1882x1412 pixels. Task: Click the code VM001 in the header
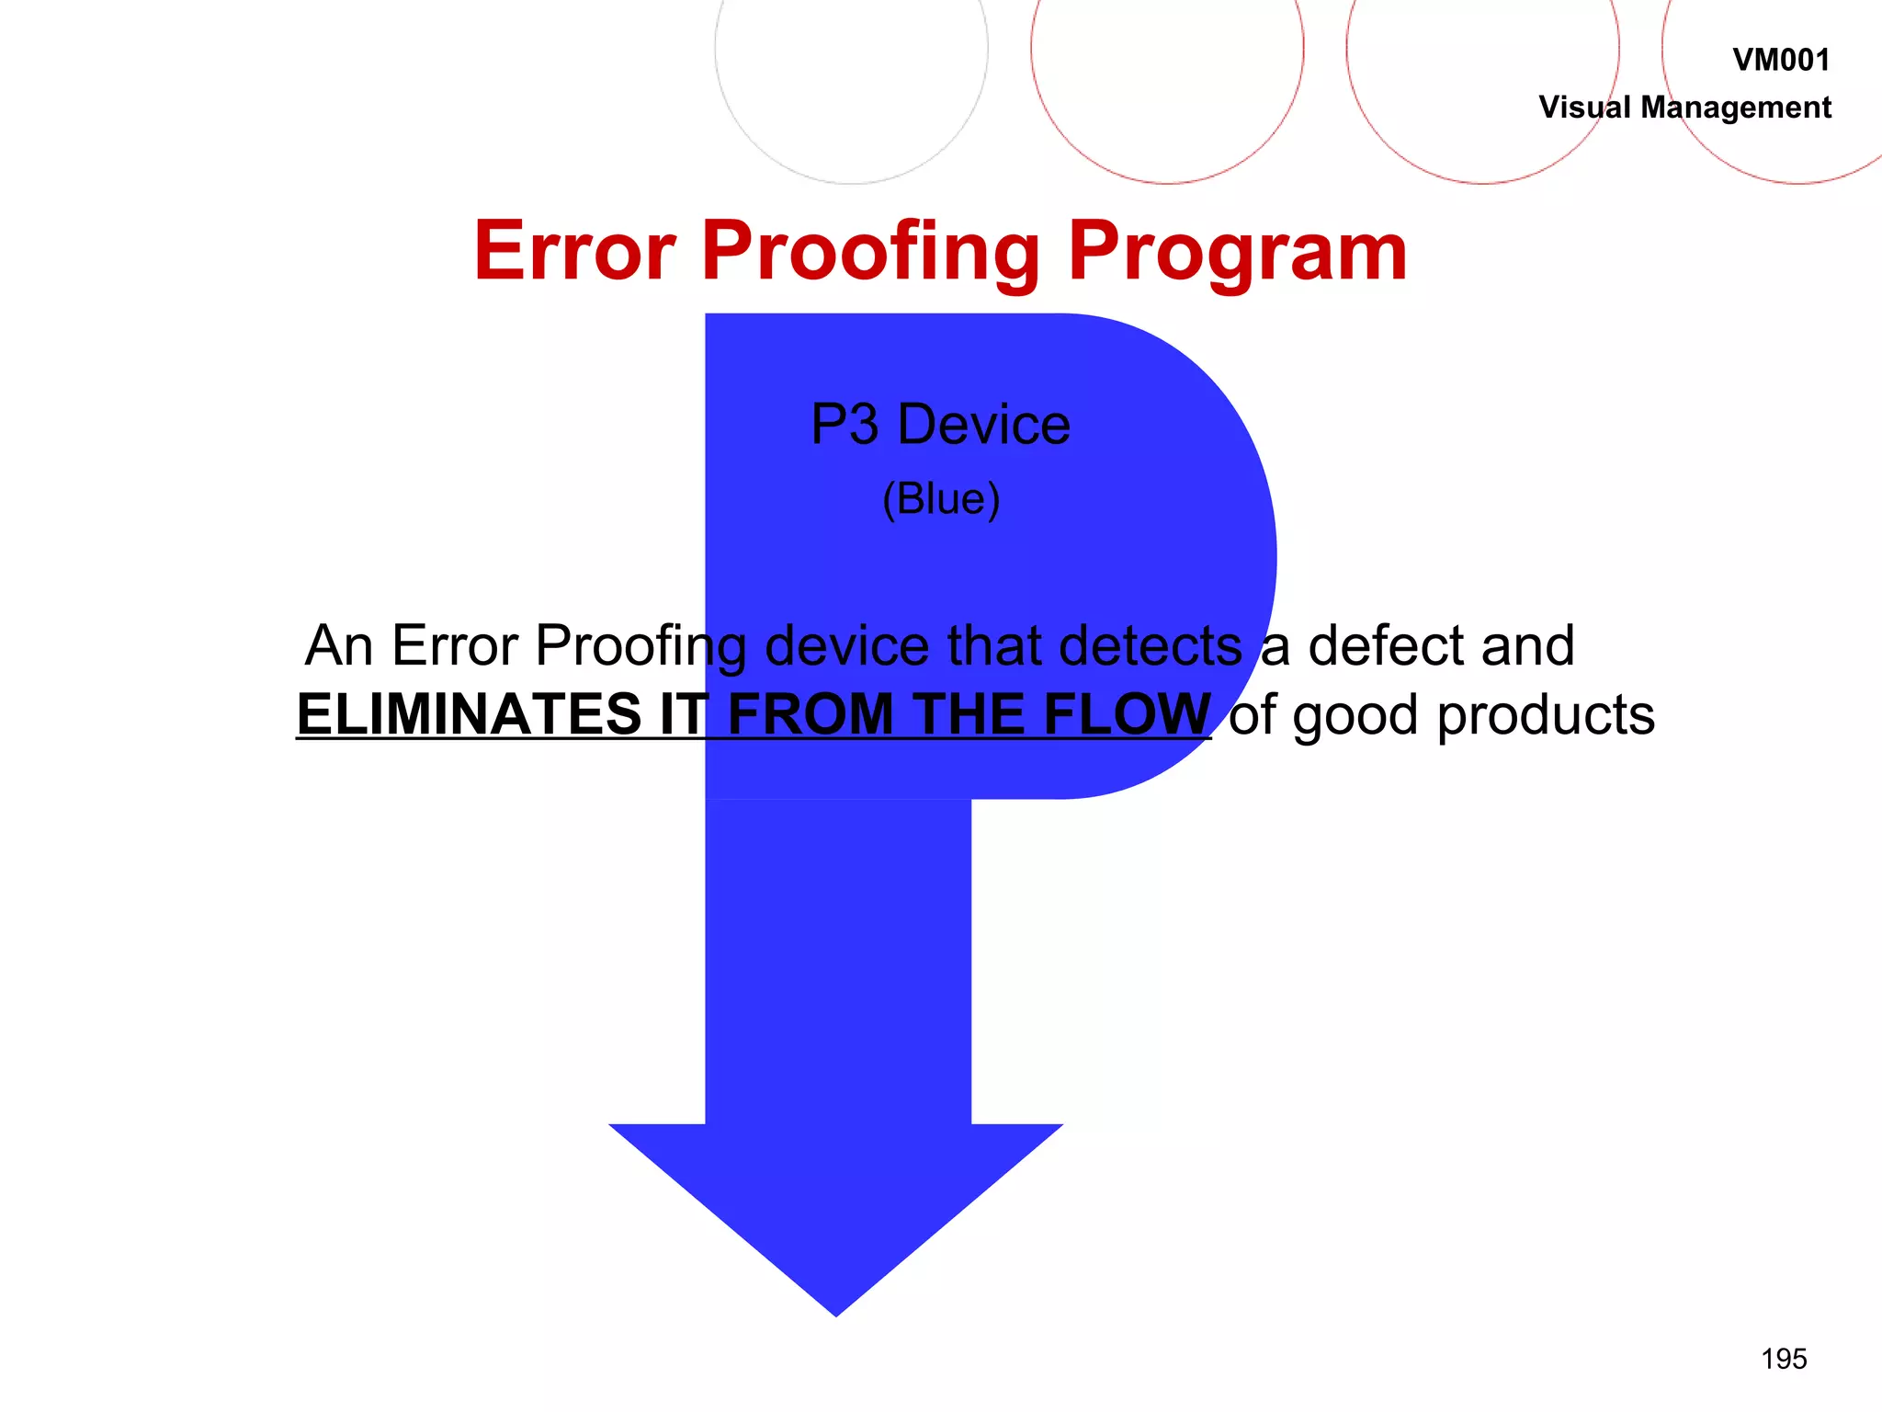point(1780,61)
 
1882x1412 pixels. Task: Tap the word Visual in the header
point(1585,108)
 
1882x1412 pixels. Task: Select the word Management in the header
point(1736,108)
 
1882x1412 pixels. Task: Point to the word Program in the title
point(1237,252)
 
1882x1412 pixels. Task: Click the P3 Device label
point(940,425)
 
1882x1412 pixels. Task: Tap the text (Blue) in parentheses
point(940,499)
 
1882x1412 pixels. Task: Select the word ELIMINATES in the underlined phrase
point(469,714)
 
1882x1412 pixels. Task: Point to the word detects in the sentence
point(1151,645)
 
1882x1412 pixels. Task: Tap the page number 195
point(1784,1359)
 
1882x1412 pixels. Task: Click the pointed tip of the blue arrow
point(836,1310)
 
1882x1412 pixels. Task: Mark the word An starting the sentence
point(339,645)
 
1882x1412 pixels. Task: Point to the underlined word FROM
point(810,714)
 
